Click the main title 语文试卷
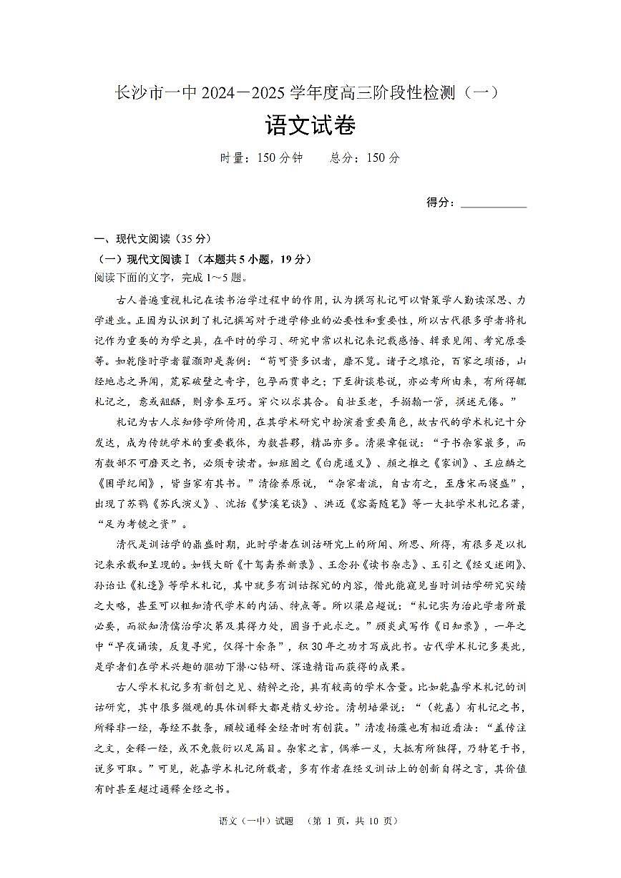[310, 127]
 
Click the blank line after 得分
[494, 203]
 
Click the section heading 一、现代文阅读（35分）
[153, 239]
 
